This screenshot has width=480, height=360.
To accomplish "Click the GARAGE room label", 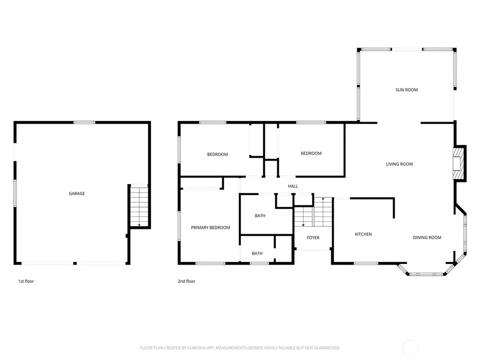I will [x=76, y=194].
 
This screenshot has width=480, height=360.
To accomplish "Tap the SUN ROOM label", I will [x=406, y=90].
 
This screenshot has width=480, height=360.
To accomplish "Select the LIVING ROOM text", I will [x=399, y=164].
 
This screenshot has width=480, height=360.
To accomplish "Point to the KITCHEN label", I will [x=363, y=235].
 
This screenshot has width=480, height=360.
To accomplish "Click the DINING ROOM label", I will [x=427, y=237].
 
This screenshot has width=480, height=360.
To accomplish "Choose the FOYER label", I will [x=313, y=238].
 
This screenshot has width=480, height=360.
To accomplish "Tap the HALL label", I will [x=293, y=186].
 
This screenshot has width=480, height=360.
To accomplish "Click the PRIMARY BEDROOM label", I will [x=210, y=228].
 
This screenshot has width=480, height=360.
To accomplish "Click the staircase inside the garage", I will [x=139, y=207].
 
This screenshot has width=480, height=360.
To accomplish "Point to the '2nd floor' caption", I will [x=187, y=281].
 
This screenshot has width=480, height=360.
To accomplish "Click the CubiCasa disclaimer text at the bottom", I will [x=240, y=348].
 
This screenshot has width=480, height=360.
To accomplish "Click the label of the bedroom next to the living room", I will [x=311, y=154].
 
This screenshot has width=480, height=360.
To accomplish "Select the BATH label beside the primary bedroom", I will [x=260, y=216].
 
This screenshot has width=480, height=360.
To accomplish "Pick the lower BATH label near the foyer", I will [x=257, y=253].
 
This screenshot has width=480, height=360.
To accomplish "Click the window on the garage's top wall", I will [x=84, y=123].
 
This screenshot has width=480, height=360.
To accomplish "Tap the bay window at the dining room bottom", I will [x=427, y=274].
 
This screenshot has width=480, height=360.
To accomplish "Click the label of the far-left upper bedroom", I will [x=217, y=155].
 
